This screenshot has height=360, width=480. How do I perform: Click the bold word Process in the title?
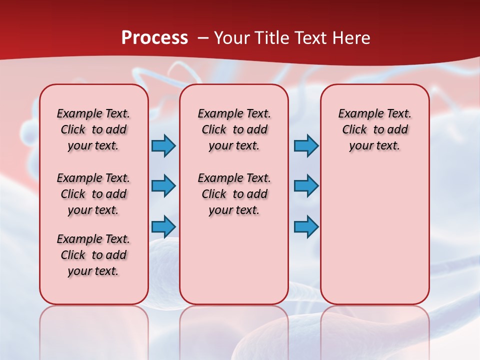[154, 38]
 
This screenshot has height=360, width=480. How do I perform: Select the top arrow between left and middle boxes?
[163, 145]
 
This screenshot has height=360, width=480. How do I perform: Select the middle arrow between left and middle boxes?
[163, 186]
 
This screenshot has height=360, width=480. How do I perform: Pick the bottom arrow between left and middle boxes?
[163, 226]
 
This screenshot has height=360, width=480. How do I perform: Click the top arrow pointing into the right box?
[306, 145]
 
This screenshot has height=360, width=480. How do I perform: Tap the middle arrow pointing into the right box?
[306, 186]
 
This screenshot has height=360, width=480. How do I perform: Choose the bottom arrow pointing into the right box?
[306, 226]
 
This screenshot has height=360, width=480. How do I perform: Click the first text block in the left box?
[93, 129]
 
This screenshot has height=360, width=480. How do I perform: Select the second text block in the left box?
[93, 194]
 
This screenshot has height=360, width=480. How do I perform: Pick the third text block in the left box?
[93, 255]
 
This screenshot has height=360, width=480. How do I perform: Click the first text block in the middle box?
[234, 129]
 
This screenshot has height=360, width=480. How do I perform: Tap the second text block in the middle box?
[234, 194]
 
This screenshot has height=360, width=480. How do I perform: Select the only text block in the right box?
[374, 129]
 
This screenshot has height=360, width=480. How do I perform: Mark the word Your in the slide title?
[231, 38]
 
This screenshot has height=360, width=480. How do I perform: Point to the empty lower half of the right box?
[374, 240]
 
